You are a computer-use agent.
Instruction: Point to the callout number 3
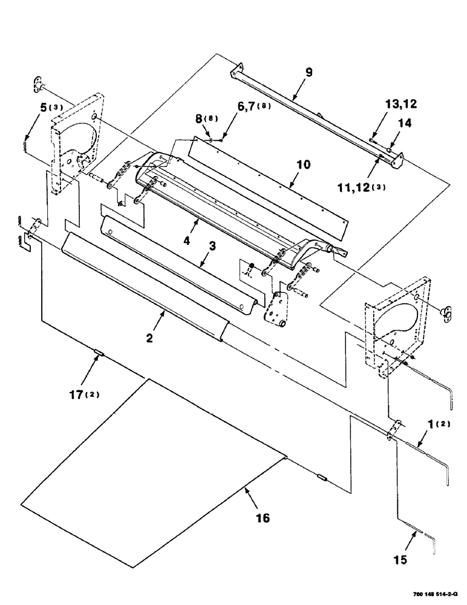(x=212, y=247)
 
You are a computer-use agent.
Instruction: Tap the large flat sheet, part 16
(x=151, y=472)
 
